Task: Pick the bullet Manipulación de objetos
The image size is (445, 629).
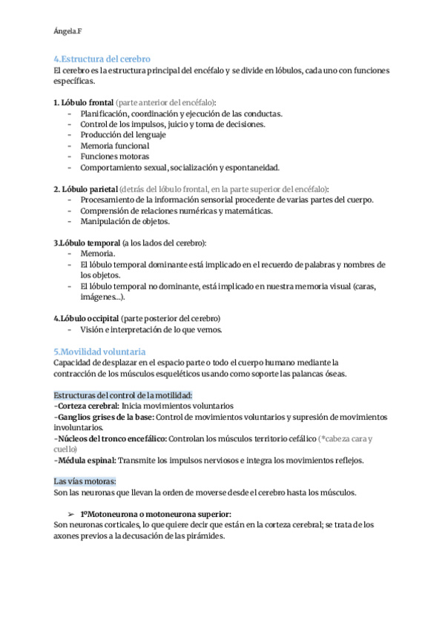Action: click(x=125, y=221)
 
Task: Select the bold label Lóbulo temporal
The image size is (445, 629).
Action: click(x=85, y=243)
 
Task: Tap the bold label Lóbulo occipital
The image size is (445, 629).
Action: click(x=86, y=318)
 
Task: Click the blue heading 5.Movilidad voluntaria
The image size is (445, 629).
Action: click(x=100, y=351)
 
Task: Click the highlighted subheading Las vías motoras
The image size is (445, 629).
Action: click(x=85, y=481)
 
